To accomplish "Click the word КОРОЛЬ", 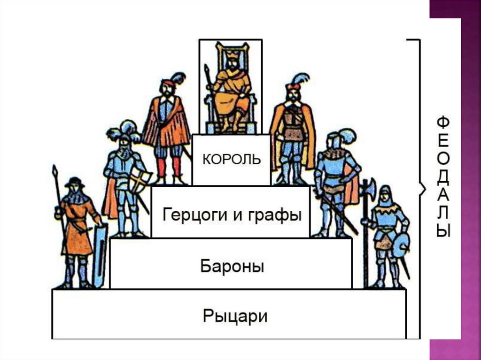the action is (231, 159).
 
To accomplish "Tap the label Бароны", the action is (232, 267).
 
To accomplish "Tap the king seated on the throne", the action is (232, 92).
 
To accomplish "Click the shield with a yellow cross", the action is (141, 181).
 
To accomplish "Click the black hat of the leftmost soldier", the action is (74, 183).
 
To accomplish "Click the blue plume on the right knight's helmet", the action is (348, 136).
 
